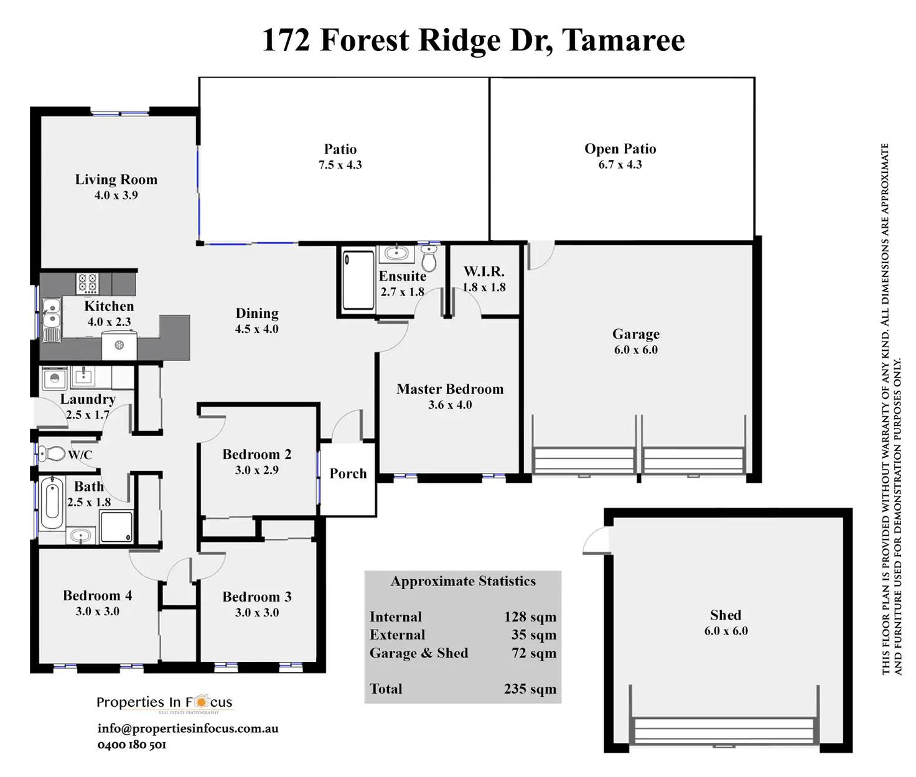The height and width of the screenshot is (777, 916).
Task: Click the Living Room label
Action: point(116,180)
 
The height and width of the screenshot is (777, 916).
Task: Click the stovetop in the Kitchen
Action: point(87,284)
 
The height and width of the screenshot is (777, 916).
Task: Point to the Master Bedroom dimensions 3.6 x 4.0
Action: point(450,405)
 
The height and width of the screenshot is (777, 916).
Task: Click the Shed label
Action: point(726,615)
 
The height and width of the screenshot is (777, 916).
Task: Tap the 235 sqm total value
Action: point(530,689)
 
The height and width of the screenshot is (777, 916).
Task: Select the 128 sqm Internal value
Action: point(530,617)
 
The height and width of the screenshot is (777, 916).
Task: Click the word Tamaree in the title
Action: point(623,40)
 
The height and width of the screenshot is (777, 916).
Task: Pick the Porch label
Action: point(348,474)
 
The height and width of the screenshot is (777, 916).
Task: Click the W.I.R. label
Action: point(484,272)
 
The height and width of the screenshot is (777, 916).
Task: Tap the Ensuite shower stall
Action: point(358,279)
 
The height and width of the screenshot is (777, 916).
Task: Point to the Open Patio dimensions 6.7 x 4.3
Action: point(620,165)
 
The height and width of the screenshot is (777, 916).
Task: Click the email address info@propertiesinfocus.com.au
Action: point(188,728)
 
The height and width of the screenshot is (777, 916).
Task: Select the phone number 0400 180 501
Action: point(132,745)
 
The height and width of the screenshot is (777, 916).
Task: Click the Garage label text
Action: point(635,335)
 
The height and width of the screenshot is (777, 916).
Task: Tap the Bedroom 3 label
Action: point(257,597)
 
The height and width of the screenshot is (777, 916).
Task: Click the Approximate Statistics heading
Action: point(463,582)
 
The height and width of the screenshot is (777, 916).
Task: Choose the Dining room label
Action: point(257,314)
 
